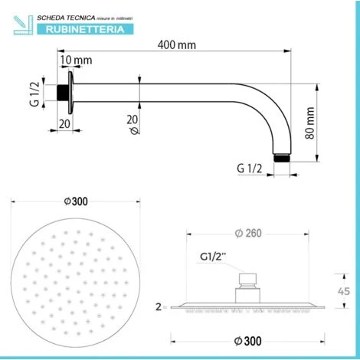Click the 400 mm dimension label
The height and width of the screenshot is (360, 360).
[177, 44]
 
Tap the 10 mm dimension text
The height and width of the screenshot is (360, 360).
[74, 60]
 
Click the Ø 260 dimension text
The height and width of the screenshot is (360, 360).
[251, 233]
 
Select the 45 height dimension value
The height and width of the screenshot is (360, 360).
[345, 291]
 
